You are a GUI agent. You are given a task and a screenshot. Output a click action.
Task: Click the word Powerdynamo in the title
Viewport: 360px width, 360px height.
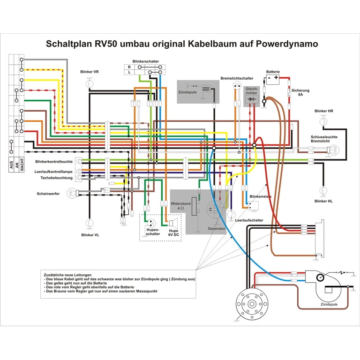(x=287, y=44)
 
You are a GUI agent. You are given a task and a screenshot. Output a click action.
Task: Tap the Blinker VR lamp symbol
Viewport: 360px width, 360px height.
(x=90, y=83)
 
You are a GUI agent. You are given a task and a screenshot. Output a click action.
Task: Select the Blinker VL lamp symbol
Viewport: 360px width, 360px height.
(x=90, y=223)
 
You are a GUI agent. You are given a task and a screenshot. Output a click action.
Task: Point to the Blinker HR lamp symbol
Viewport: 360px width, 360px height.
(x=323, y=121)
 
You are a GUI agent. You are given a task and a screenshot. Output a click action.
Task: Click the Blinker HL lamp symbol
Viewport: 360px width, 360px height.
(x=323, y=191)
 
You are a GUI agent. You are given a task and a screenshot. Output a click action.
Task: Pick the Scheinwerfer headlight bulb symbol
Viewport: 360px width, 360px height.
(x=71, y=193)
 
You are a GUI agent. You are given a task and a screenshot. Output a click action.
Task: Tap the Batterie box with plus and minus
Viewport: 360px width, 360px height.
(x=273, y=79)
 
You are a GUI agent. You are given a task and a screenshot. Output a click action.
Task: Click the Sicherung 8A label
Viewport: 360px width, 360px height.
(x=300, y=92)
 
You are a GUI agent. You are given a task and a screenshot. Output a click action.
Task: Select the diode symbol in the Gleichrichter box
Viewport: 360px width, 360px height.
(x=252, y=99)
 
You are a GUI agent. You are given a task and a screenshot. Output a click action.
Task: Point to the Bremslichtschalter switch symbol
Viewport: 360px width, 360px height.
(x=237, y=86)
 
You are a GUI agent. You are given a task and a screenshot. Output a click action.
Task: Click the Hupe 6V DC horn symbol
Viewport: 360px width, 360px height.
(x=173, y=223)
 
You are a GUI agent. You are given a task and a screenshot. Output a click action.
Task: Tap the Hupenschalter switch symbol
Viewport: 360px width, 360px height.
(x=151, y=223)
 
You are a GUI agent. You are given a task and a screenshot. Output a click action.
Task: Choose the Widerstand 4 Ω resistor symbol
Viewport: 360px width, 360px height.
(x=194, y=206)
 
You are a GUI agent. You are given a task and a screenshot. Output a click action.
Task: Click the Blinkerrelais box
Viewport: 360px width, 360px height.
(x=253, y=205)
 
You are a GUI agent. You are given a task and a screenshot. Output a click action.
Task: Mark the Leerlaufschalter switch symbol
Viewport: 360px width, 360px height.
(x=231, y=214)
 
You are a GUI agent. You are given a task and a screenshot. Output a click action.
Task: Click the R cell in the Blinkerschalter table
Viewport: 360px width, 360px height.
(x=129, y=67)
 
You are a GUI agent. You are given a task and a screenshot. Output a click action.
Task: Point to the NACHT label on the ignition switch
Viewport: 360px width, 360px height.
(x=22, y=164)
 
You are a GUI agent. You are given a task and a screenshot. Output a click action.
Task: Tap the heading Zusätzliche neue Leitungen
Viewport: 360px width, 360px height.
(x=67, y=275)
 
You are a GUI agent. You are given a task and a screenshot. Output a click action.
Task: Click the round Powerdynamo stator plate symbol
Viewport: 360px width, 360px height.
(x=252, y=304)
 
